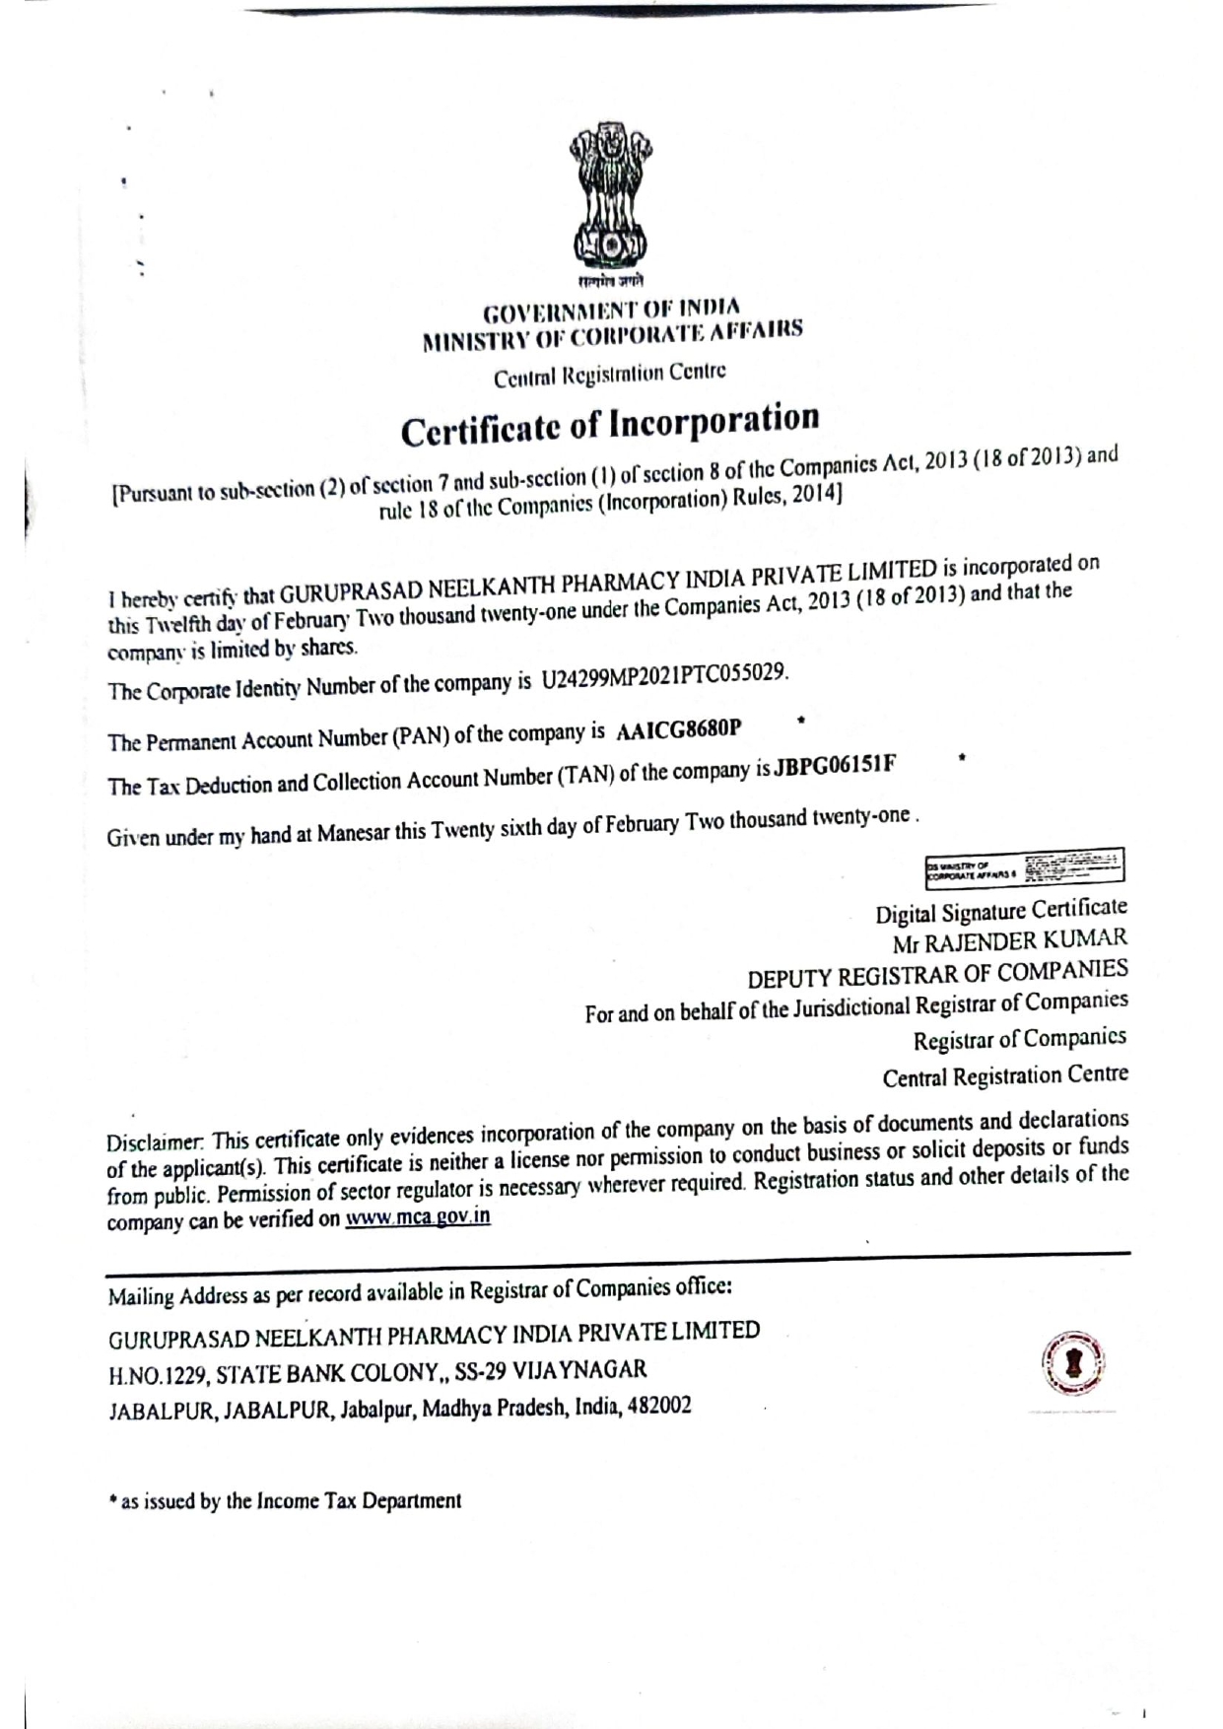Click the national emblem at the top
610,201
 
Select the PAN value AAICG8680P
678,730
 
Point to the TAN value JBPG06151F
835,767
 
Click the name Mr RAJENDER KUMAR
1009,941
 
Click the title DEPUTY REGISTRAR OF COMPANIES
937,974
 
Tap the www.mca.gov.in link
418,1216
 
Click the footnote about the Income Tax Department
285,1501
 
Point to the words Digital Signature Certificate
1001,910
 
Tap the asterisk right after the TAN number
960,759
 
